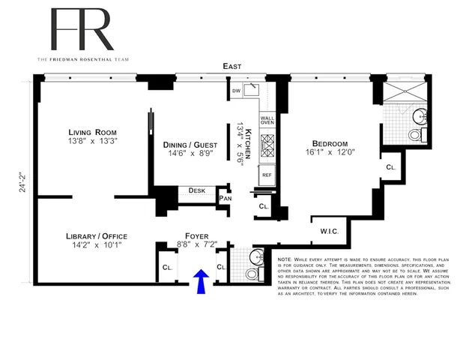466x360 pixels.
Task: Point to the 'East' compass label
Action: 232,67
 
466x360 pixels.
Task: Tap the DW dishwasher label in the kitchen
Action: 236,91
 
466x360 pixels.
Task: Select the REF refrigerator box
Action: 265,175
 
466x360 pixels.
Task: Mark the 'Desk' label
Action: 197,190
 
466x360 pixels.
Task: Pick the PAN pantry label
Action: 225,198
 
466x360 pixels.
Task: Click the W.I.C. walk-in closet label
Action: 330,232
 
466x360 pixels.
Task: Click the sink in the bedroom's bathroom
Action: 420,116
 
